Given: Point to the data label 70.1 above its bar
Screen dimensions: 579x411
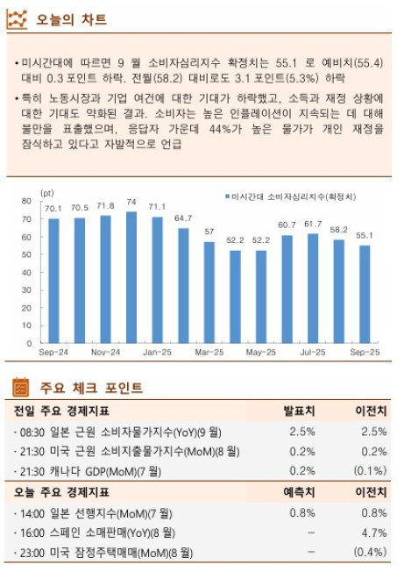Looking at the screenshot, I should click(53, 208).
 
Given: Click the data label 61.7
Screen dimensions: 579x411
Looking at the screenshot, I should click(313, 224).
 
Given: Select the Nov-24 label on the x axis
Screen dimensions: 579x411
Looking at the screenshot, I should click(105, 353).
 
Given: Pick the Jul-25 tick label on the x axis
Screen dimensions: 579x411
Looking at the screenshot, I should click(313, 353).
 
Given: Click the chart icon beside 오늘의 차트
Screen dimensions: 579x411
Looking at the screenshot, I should click(17, 19).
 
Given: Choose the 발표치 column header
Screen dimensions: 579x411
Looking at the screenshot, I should click(298, 410).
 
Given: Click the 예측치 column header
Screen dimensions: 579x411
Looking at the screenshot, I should click(298, 492).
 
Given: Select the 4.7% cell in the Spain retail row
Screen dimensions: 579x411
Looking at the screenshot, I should click(373, 533).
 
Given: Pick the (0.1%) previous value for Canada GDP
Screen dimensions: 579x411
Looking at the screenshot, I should click(369, 471).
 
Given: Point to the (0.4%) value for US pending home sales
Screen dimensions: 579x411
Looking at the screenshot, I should click(369, 553).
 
